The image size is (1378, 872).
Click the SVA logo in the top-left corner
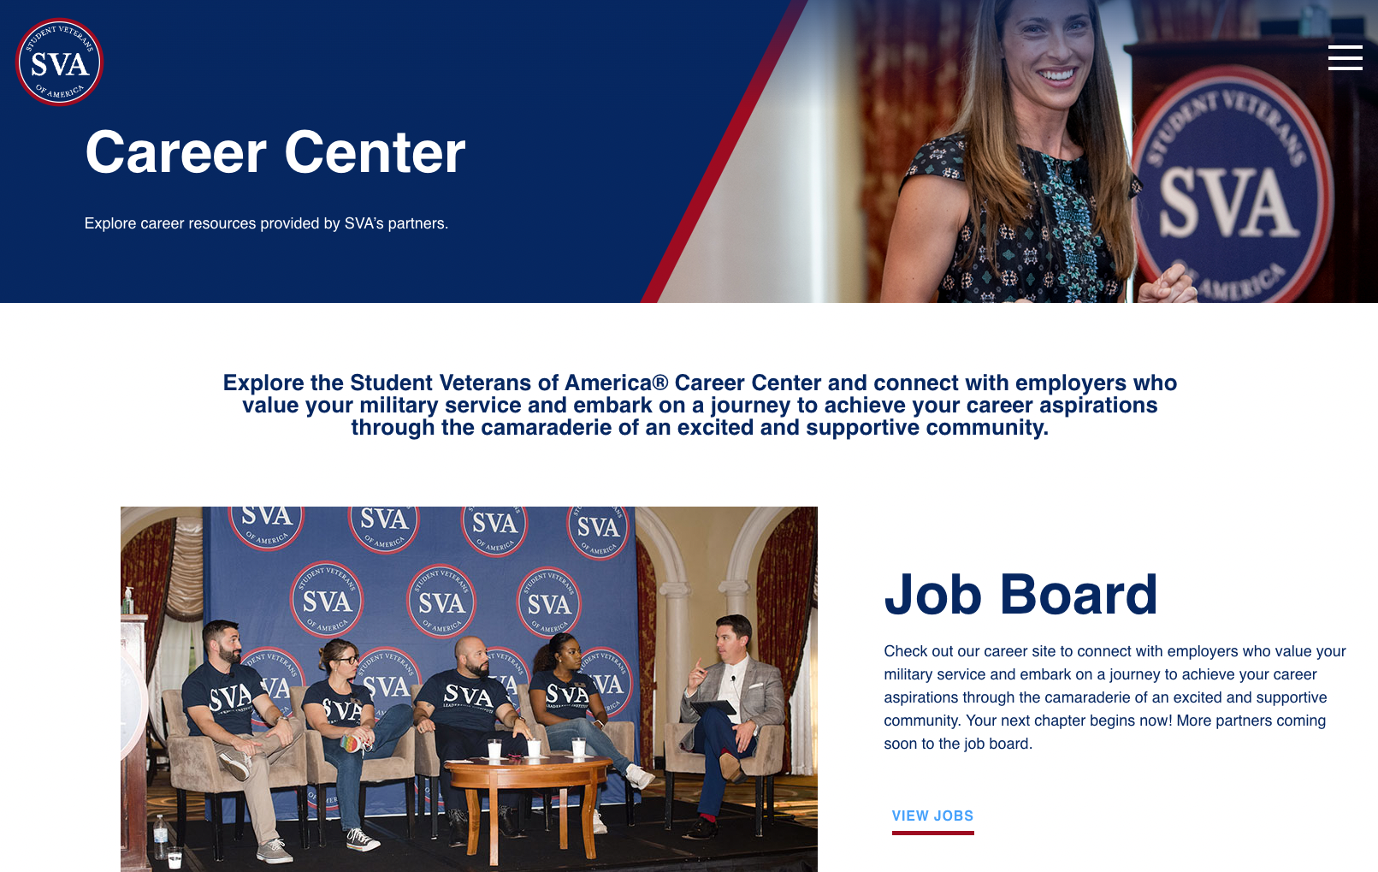click(x=59, y=62)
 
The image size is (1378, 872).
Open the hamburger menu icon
click(x=1345, y=57)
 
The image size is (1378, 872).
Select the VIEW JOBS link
click(x=932, y=816)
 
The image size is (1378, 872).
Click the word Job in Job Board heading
click(x=933, y=595)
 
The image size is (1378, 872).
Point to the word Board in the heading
click(x=1079, y=595)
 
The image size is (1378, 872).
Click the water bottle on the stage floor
click(x=161, y=834)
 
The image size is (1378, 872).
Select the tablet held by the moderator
click(x=714, y=709)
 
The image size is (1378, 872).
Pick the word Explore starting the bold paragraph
click(x=263, y=383)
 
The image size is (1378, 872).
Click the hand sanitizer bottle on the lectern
click(x=128, y=600)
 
